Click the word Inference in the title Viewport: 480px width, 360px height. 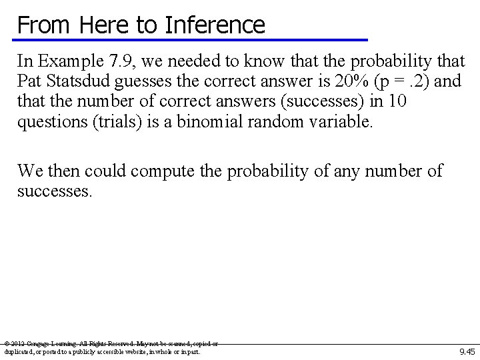click(215, 25)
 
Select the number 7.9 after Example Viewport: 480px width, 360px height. click(121, 62)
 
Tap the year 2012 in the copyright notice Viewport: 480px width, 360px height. click(18, 344)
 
